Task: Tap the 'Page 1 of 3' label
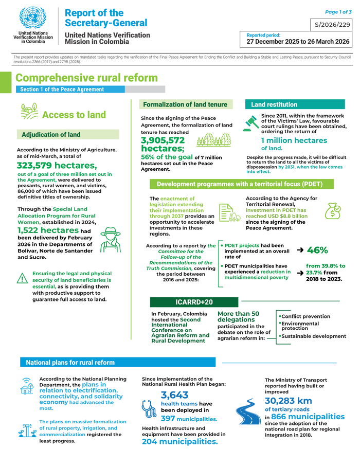(338, 11)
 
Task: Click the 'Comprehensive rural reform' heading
(86, 78)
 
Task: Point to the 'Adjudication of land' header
(51, 135)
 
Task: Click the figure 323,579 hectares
(57, 165)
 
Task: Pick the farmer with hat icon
(109, 238)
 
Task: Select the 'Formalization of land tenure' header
(185, 104)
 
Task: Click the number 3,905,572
(163, 140)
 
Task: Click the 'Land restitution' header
(274, 104)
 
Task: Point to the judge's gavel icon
(251, 122)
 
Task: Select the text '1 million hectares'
(294, 140)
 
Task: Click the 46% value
(317, 250)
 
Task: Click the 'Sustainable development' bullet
(314, 336)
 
